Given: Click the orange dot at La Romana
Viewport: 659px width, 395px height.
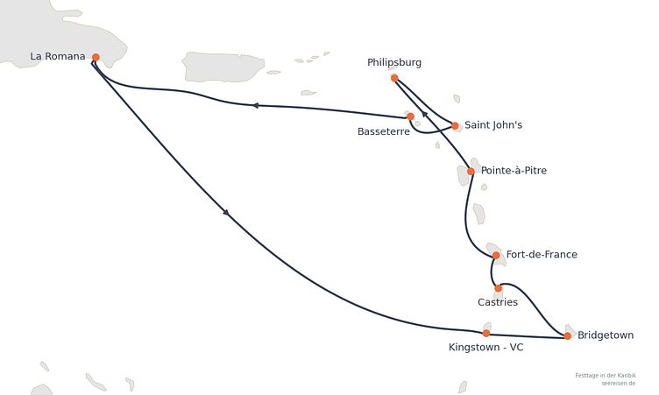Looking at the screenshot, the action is [x=96, y=57].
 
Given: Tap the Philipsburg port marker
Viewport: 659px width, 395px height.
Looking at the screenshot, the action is [x=394, y=78].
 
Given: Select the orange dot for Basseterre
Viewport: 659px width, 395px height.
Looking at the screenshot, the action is [x=410, y=116].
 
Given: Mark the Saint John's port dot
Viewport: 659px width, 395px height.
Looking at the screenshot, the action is [x=455, y=125].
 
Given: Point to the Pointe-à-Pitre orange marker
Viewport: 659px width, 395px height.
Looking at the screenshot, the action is [x=471, y=171].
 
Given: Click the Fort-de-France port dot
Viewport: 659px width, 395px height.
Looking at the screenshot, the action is [x=496, y=255].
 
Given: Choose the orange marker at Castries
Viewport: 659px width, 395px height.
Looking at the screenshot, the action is [x=498, y=288].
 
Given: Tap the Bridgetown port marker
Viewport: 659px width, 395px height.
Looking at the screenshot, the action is [x=567, y=335].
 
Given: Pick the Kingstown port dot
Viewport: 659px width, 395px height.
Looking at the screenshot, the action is [x=486, y=333].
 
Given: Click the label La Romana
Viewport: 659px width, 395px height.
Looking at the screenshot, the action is [x=58, y=56].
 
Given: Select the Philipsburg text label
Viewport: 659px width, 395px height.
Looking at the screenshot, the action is [x=394, y=62].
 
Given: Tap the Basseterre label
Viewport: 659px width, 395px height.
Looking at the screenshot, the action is [x=384, y=131].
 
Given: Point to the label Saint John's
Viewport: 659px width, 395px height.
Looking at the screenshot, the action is [x=493, y=124].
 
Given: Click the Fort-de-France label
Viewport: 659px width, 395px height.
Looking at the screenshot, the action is [x=542, y=254].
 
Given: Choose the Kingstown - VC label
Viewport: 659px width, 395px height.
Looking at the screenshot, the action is [x=485, y=348].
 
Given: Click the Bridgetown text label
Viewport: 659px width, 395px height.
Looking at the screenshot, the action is [x=606, y=335].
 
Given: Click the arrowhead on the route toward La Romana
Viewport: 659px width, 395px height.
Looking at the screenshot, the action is [x=255, y=105].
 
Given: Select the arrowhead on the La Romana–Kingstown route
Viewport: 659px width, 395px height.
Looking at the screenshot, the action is [x=226, y=213].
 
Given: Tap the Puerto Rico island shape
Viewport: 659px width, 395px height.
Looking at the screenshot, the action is [x=223, y=67].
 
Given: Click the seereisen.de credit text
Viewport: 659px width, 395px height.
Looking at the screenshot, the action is [x=618, y=384].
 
